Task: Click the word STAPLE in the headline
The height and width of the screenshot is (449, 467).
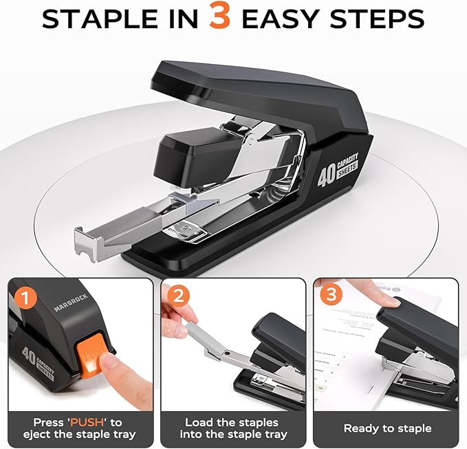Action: coord(96,19)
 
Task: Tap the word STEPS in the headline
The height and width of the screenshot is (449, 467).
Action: coord(386,19)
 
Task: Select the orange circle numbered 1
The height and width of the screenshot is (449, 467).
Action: coord(25,298)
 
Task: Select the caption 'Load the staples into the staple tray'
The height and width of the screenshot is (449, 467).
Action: coord(232,428)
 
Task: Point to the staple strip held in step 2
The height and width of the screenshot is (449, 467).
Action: coord(195,333)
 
